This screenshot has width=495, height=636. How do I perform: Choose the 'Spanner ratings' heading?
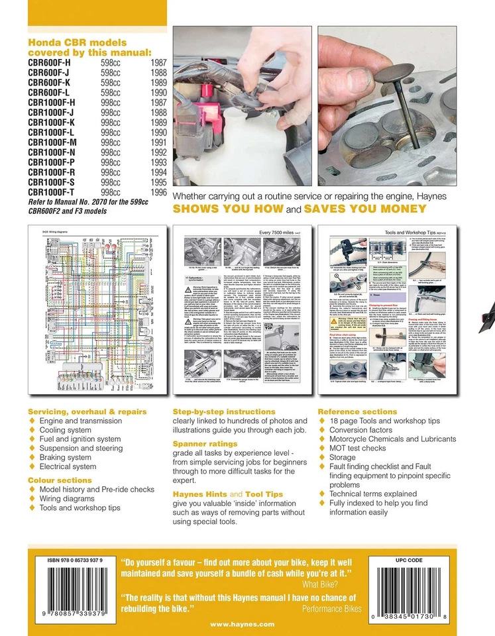pyautogui.click(x=205, y=444)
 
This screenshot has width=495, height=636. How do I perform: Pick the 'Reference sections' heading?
pyautogui.click(x=358, y=411)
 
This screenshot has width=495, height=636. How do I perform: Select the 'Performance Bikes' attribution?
pyautogui.click(x=329, y=608)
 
